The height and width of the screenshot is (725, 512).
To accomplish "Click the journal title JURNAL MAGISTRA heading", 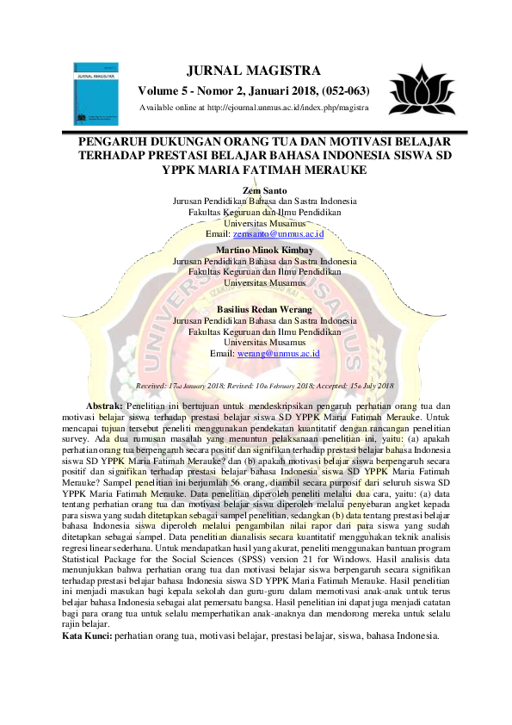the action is (x=259, y=70).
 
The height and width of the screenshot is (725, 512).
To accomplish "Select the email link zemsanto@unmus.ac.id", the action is (x=278, y=233).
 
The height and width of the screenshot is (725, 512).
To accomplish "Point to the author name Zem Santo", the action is (x=265, y=189).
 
